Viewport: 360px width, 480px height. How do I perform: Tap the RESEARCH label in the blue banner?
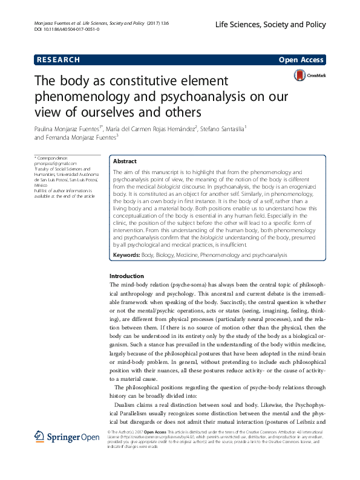[59, 59]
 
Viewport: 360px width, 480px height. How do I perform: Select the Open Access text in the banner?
[301, 59]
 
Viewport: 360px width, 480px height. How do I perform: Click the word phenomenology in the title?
[81, 97]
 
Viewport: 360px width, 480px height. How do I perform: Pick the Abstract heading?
[125, 162]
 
